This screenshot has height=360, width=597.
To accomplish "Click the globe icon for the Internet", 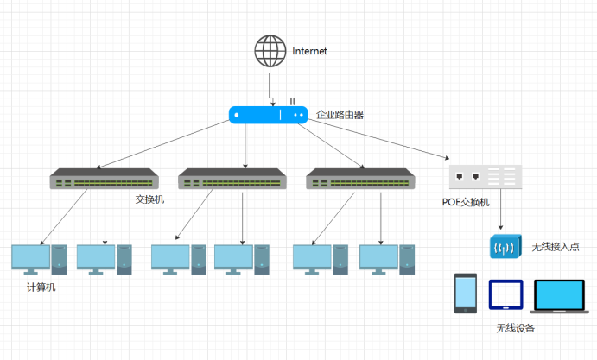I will coord(270,51).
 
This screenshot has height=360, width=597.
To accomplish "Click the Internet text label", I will coord(310,52).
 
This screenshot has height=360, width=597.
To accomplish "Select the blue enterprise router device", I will coord(269,114).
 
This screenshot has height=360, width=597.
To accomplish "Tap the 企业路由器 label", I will coord(340,114).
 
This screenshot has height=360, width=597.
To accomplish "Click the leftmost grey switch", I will coord(104,179).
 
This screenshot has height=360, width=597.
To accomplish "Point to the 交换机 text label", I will coord(149,199).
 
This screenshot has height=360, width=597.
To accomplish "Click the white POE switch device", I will coord(485,177).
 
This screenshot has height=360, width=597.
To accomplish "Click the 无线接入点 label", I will coord(556,248).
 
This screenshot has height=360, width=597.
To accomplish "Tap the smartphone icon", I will coord(466,293).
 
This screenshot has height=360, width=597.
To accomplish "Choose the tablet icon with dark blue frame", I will coord(505,294).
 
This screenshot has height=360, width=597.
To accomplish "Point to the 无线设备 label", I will coord(515,328).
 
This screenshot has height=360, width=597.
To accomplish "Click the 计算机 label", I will coord(41,287).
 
